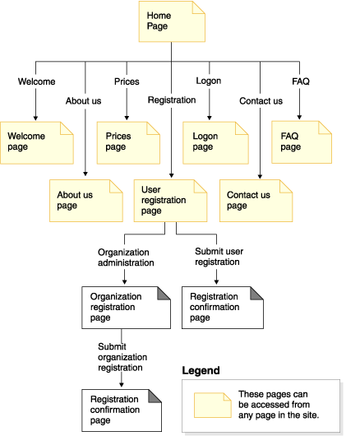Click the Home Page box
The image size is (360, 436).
coord(172,21)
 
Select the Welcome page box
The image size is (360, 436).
coord(37,143)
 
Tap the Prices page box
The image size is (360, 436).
coord(128,143)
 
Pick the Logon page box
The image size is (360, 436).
coord(215,143)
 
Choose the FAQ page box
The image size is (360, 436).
coord(302,142)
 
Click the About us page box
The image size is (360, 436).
coord(86,201)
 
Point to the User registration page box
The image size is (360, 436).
coord(171,201)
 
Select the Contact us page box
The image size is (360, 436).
coord(256,201)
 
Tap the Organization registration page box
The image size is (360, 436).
coord(126,308)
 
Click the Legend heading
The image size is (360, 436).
coord(201,370)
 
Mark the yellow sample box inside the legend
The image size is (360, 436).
coord(213,405)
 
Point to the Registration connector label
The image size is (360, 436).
coord(172,100)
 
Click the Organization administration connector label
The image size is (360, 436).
coord(126,257)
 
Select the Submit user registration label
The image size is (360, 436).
coord(219,257)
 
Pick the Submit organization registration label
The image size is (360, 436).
coord(122,357)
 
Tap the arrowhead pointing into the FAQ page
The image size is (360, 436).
coord(299,118)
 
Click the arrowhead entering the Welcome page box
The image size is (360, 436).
coord(35,118)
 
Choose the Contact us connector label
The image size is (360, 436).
coord(261,101)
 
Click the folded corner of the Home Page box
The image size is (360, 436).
coord(199,7)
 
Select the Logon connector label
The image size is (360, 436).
coord(209,81)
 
